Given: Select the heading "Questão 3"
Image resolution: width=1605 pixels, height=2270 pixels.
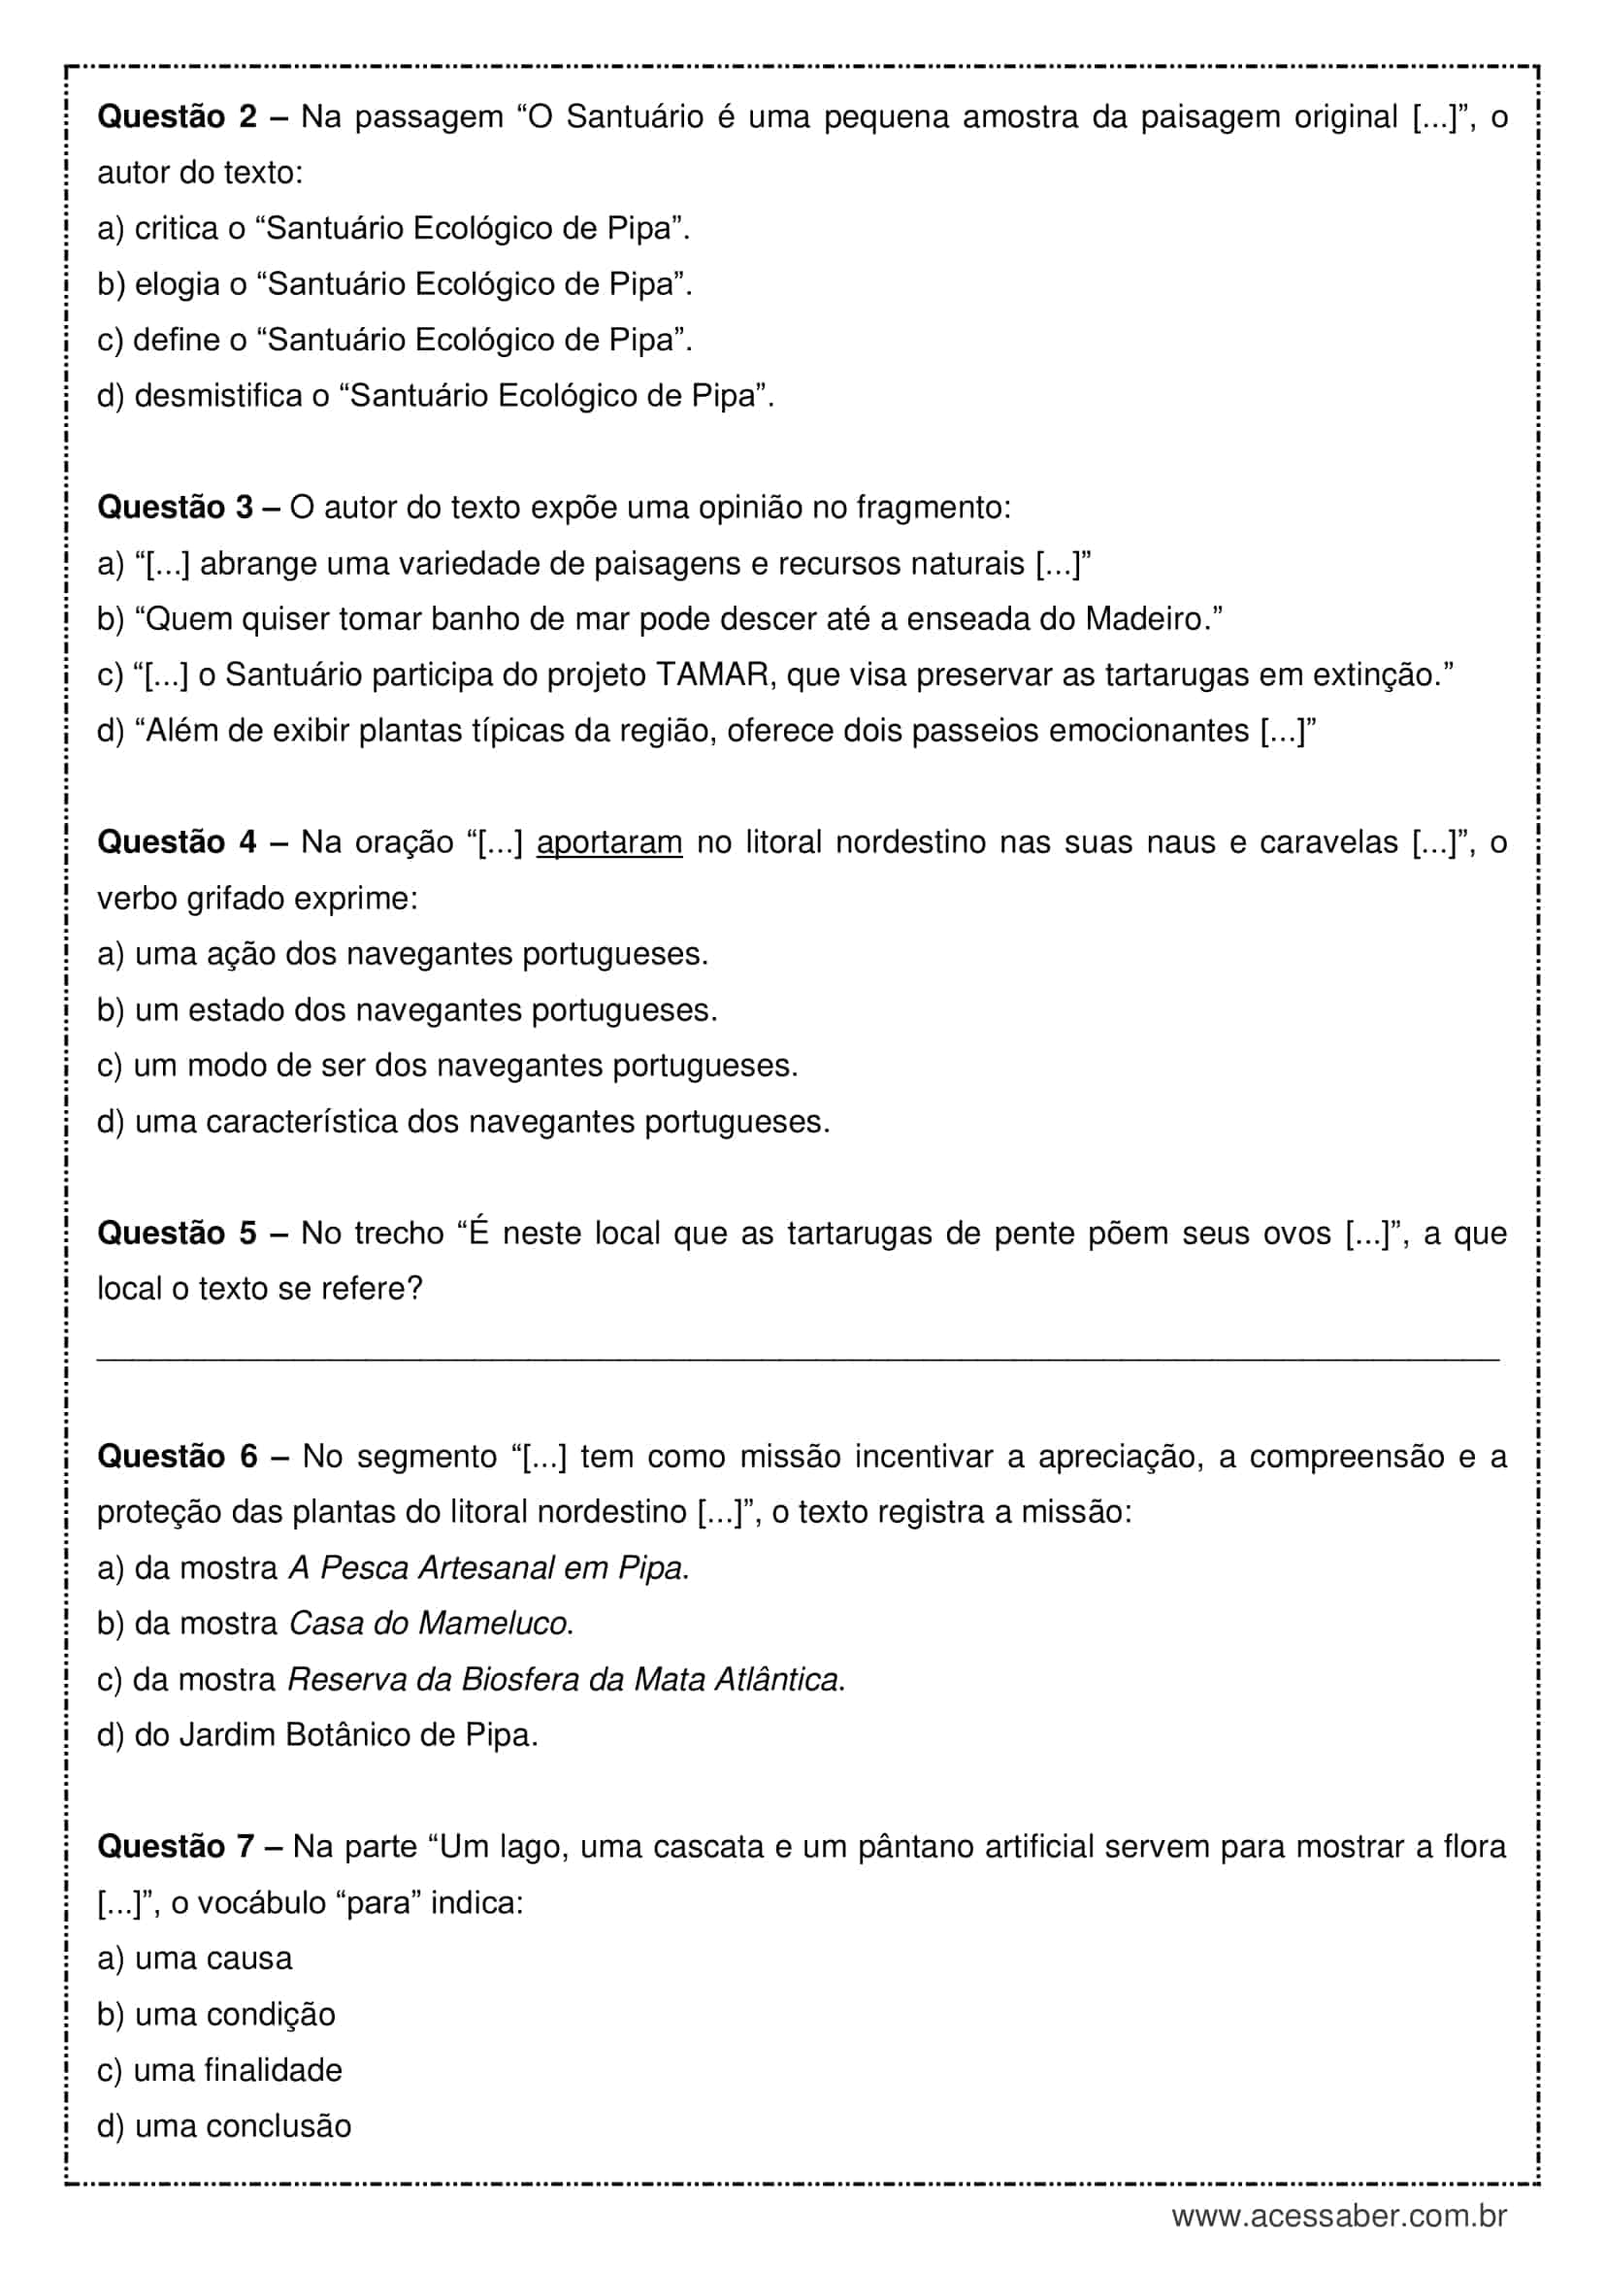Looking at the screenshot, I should click(176, 509).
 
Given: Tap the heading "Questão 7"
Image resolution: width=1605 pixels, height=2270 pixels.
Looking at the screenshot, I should click(176, 1847).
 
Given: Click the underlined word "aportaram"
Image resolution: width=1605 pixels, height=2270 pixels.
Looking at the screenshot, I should click(608, 843).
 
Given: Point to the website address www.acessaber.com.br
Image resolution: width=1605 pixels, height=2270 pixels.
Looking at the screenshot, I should click(1339, 2216).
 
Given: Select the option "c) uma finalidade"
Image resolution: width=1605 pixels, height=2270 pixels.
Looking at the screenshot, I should click(219, 2070).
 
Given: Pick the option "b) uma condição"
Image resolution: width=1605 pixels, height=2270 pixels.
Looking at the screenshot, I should click(215, 2015).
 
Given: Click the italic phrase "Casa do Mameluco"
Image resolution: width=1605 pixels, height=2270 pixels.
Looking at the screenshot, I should click(428, 1624).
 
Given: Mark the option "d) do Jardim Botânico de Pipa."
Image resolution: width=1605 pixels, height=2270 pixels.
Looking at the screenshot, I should click(317, 1735).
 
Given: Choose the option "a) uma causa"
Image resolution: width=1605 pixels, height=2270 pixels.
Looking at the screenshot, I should click(195, 1958).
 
